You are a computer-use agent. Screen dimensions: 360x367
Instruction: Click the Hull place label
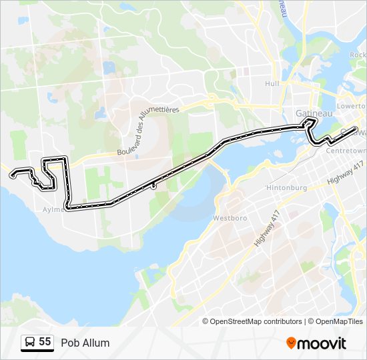pos(272,83)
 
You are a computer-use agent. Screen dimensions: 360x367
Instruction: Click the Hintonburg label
pos(286,187)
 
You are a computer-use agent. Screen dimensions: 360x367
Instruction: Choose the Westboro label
pos(230,218)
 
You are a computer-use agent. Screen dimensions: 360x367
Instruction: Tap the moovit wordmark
pos(322,343)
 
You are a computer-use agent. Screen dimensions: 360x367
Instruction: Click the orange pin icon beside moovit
pos(292,343)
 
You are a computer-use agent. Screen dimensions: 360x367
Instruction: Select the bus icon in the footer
pos(30,343)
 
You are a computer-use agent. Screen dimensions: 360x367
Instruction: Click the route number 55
pos(45,342)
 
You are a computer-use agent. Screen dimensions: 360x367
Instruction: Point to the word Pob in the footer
pos(69,343)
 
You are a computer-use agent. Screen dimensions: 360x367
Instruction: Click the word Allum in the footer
pos(95,343)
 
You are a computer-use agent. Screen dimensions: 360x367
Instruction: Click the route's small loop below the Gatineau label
pos(309,122)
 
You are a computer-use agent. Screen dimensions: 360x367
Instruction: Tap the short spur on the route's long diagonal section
pos(153,186)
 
